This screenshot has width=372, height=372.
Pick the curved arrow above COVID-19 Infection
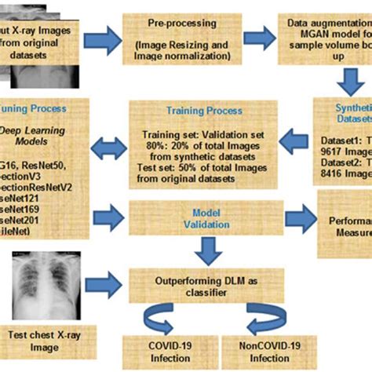tap(162, 319)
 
